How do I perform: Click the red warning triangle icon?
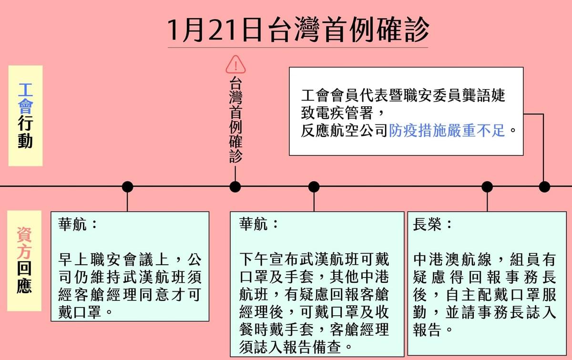pyautogui.click(x=235, y=64)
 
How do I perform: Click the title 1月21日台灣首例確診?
pyautogui.click(x=298, y=30)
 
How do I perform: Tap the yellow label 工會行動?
pyautogui.click(x=26, y=116)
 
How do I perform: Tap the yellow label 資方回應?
pyautogui.click(x=24, y=261)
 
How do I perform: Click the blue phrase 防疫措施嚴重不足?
pyautogui.click(x=447, y=130)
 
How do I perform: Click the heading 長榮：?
pyautogui.click(x=432, y=224)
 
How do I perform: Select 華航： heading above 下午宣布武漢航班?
pyautogui.click(x=258, y=224)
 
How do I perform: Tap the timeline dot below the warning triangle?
pyautogui.click(x=235, y=187)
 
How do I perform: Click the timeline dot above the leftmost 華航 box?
pyautogui.click(x=127, y=187)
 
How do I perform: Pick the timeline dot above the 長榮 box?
pyautogui.click(x=487, y=187)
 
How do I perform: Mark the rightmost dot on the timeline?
pyautogui.click(x=544, y=187)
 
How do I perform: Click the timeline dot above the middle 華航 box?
pyautogui.click(x=314, y=187)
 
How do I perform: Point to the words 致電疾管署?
pyautogui.click(x=337, y=113)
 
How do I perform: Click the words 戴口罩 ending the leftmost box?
pyautogui.click(x=80, y=312)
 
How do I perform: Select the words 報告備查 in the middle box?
pyautogui.click(x=312, y=347)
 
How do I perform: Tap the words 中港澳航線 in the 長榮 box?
pyautogui.click(x=452, y=259)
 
